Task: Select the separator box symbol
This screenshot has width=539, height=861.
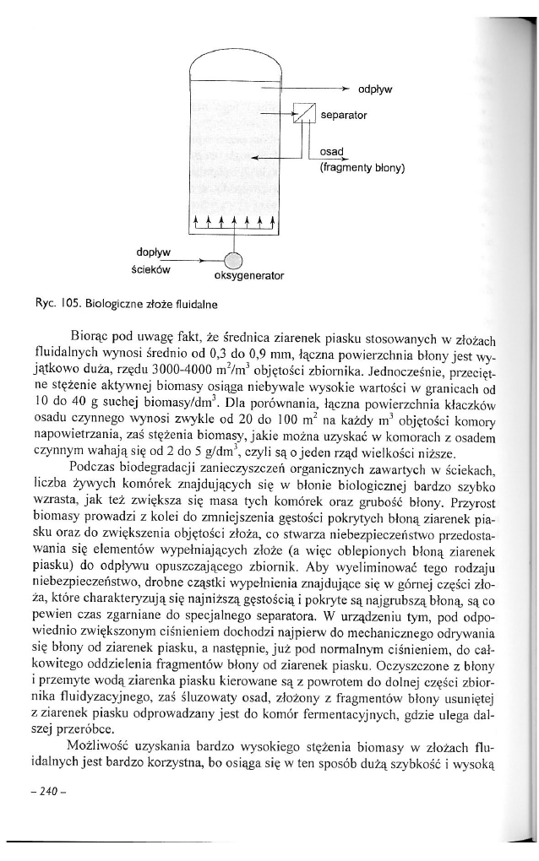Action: pyautogui.click(x=304, y=113)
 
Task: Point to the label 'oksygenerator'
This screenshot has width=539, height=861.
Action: pyautogui.click(x=246, y=276)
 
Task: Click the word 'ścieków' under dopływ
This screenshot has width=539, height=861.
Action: pyautogui.click(x=152, y=269)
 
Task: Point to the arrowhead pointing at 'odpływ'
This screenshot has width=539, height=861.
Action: pyautogui.click(x=345, y=88)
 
